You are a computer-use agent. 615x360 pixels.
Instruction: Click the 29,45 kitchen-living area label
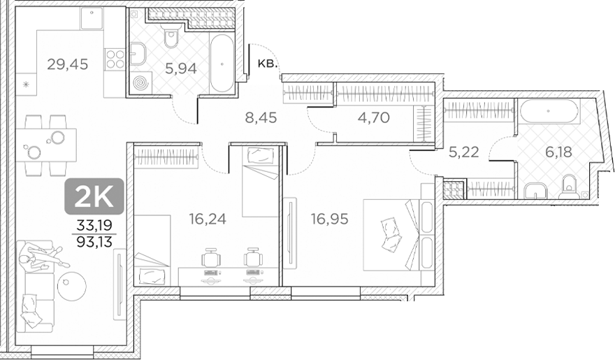(x=67, y=65)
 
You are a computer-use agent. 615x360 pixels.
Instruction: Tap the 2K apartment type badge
(x=94, y=196)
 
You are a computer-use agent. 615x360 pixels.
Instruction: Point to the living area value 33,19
(x=94, y=225)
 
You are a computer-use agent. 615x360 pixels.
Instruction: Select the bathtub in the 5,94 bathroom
(x=222, y=64)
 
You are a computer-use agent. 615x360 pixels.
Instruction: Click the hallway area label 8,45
(x=260, y=117)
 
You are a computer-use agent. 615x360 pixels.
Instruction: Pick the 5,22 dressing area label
(x=463, y=152)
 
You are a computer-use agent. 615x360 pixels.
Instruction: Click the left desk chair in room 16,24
(x=211, y=259)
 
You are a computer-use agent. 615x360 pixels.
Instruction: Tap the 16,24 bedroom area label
(x=207, y=219)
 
